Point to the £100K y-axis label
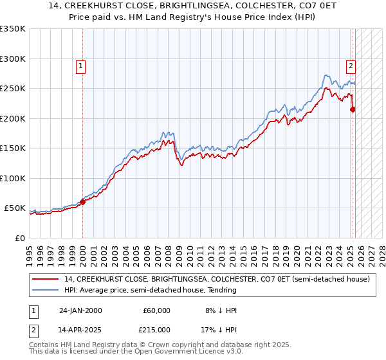coord(14,179)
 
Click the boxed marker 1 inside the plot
coord(81,65)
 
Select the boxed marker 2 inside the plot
coord(351,65)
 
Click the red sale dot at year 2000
coord(83,202)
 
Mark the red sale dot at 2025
coord(353,109)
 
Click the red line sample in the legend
coord(46,280)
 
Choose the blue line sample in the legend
coord(46,291)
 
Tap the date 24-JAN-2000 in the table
coord(80,310)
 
